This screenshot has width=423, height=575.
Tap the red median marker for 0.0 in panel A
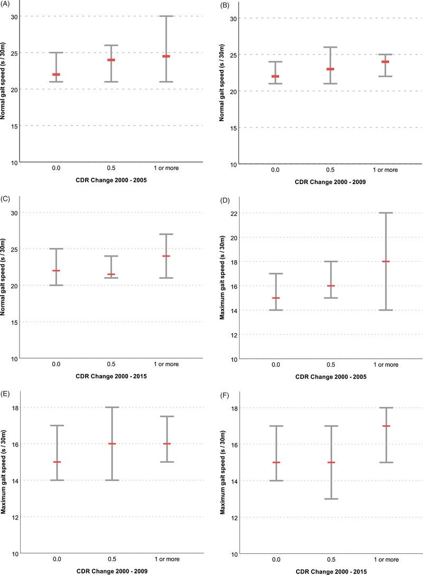click(x=56, y=75)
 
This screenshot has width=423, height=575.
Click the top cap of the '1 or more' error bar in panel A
click(x=166, y=16)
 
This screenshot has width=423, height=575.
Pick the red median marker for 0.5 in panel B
click(x=330, y=69)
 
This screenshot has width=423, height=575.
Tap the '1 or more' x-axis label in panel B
click(x=385, y=170)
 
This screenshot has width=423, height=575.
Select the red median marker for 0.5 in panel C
click(x=111, y=275)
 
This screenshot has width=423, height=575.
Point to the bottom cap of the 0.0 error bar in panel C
click(x=56, y=285)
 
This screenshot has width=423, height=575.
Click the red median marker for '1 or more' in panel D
click(x=385, y=261)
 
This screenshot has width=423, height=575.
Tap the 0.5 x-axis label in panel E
click(x=111, y=559)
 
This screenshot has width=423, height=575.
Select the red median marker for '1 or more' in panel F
click(x=386, y=426)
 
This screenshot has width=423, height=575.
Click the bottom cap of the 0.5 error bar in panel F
click(x=331, y=499)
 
